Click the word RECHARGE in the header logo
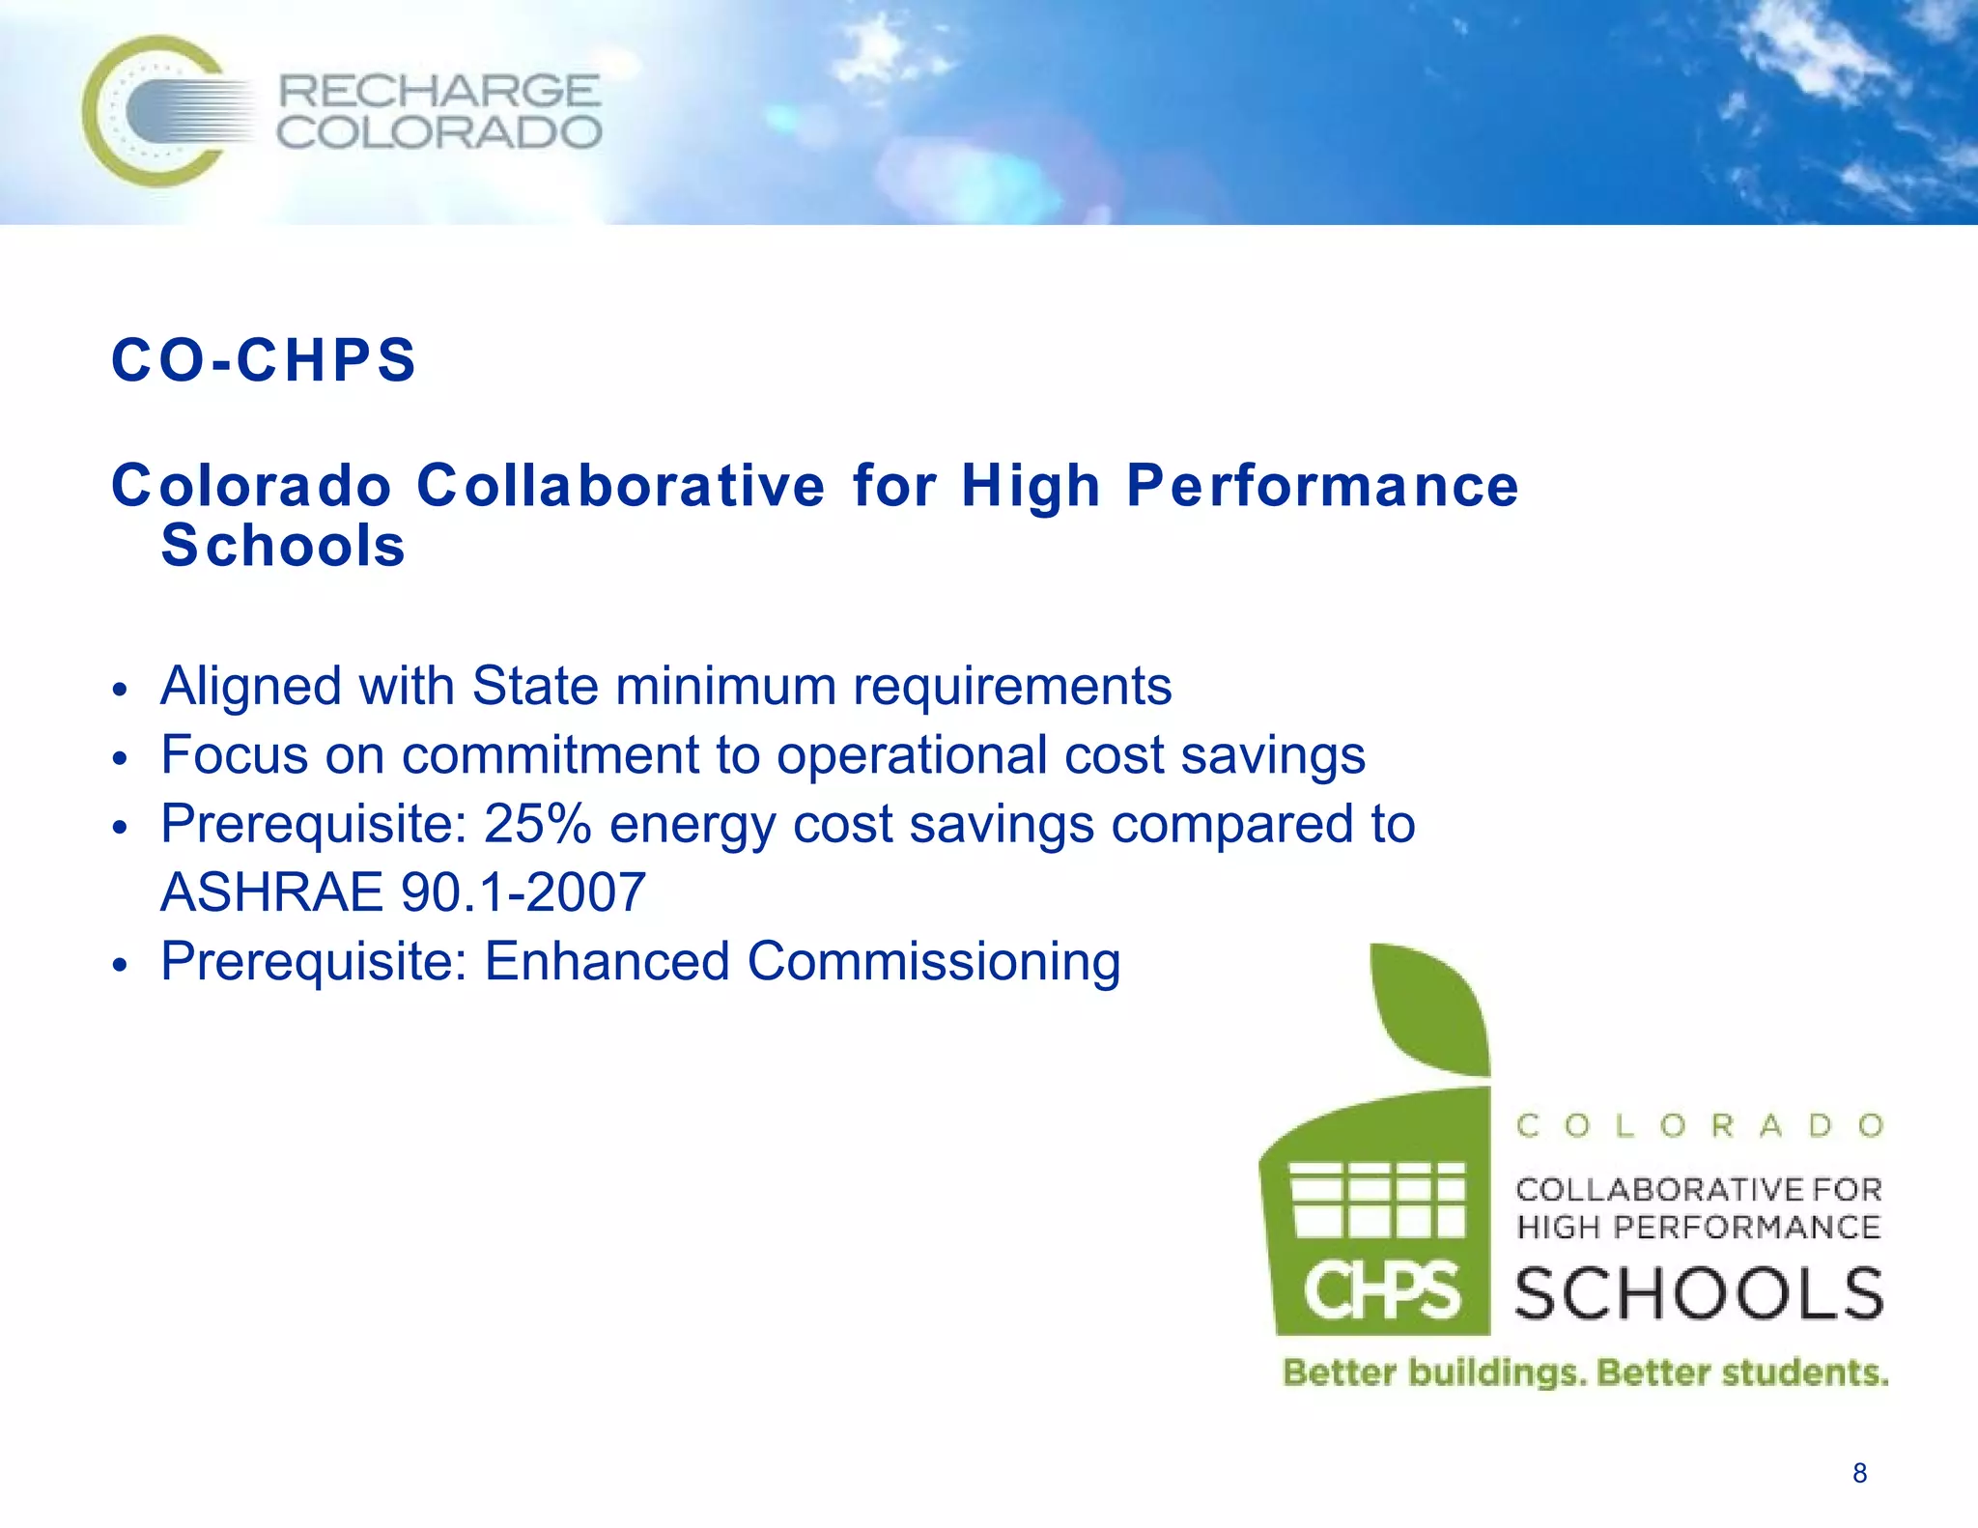click(x=438, y=92)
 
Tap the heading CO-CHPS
click(x=264, y=360)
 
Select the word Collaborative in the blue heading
click(x=620, y=485)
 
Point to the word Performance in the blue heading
click(x=1322, y=485)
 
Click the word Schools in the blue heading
click(x=283, y=546)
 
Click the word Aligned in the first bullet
click(x=251, y=686)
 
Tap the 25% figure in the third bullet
click(x=537, y=824)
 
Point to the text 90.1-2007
click(x=523, y=891)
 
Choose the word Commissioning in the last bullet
click(x=933, y=962)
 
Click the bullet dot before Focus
click(x=120, y=759)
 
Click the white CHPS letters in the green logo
click(x=1381, y=1292)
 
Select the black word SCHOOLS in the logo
click(x=1699, y=1294)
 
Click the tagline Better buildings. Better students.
click(x=1584, y=1372)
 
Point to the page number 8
click(x=1859, y=1473)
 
